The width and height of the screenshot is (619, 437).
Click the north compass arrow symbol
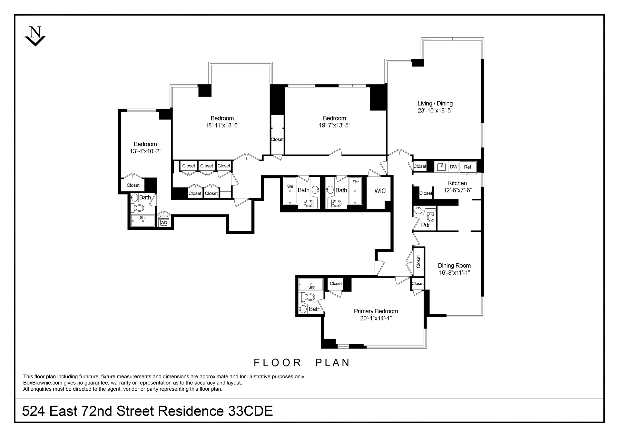[35, 36]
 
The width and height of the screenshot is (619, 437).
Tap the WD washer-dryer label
[164, 223]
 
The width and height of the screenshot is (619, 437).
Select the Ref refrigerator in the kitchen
[468, 167]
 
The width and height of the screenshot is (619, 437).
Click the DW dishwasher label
[454, 167]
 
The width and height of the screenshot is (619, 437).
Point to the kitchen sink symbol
[441, 166]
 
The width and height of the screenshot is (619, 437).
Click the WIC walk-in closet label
[380, 191]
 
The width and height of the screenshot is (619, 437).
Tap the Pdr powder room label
[426, 225]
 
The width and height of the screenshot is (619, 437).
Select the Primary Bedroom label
[376, 311]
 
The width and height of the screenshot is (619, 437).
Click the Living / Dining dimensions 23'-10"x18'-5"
[435, 110]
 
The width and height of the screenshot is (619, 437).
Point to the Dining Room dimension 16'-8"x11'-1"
[454, 273]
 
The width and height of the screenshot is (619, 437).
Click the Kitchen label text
[457, 183]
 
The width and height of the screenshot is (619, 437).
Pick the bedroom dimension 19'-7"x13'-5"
[335, 125]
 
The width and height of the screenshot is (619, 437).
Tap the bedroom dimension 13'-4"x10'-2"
[145, 151]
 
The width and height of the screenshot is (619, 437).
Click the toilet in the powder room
[430, 215]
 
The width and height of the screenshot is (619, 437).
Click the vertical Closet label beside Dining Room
[418, 261]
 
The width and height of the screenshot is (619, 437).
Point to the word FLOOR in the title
[278, 363]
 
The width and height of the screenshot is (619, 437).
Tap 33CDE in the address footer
[251, 411]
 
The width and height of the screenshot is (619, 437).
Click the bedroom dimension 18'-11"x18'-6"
[222, 125]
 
